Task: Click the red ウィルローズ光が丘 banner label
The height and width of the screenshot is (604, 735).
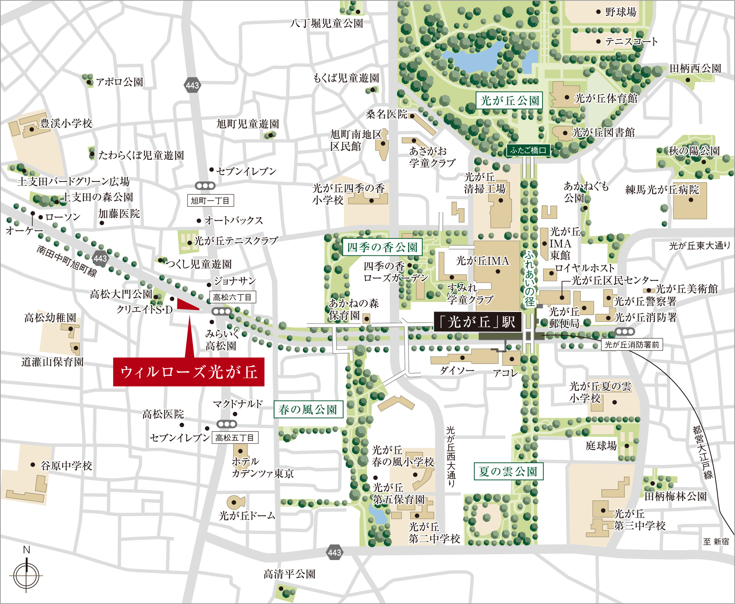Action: click(x=188, y=372)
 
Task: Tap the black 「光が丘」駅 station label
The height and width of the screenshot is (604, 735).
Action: click(x=478, y=321)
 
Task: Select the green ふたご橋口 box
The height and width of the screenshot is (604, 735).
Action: click(x=528, y=150)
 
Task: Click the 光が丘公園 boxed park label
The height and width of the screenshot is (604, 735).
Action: click(x=509, y=101)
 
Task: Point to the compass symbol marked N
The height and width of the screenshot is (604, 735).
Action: click(x=26, y=575)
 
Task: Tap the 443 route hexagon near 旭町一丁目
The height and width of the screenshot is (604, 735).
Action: click(x=192, y=85)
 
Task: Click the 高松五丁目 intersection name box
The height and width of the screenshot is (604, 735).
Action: click(x=235, y=438)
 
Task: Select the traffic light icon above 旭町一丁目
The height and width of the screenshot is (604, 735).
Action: click(x=205, y=186)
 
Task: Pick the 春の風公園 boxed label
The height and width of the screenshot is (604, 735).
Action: click(x=308, y=410)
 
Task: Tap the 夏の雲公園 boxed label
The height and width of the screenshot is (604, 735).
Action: click(x=508, y=471)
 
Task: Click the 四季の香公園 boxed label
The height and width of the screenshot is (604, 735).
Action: click(x=382, y=247)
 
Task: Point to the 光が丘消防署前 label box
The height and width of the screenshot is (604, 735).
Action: click(x=632, y=344)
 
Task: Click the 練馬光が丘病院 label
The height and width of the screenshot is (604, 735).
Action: click(x=662, y=190)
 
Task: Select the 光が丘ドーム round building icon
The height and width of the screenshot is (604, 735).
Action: click(x=235, y=502)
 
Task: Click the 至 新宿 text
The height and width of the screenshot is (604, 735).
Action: click(x=716, y=541)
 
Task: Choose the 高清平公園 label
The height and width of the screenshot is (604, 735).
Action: click(x=289, y=574)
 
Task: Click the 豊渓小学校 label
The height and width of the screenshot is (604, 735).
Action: click(x=66, y=123)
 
